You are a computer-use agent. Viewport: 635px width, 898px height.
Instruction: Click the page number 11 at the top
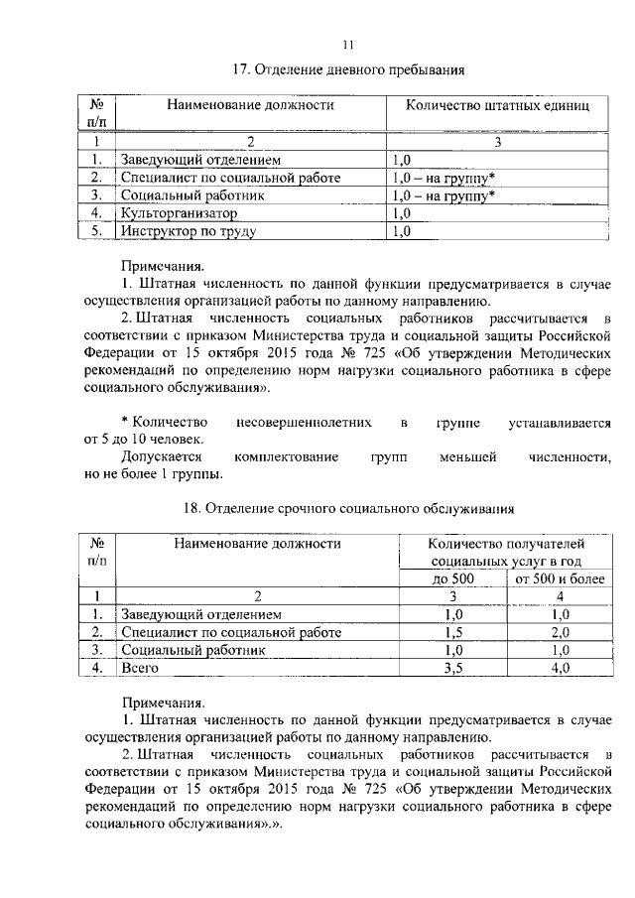click(347, 44)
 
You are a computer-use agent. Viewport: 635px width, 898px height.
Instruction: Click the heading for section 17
click(347, 70)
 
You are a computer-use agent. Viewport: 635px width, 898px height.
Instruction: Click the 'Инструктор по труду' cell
click(189, 232)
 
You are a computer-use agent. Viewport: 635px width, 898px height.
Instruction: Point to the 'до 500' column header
click(452, 578)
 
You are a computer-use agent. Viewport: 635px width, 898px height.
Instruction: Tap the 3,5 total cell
click(452, 669)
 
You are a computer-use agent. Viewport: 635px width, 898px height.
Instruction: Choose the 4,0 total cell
click(560, 669)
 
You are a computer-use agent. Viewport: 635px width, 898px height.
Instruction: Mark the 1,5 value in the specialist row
click(452, 632)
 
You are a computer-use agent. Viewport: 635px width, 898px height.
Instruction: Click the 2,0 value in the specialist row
click(560, 632)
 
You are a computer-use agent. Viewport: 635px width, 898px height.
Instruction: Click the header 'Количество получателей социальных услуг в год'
click(506, 552)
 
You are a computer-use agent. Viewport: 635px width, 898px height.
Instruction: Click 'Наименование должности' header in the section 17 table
click(249, 104)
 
